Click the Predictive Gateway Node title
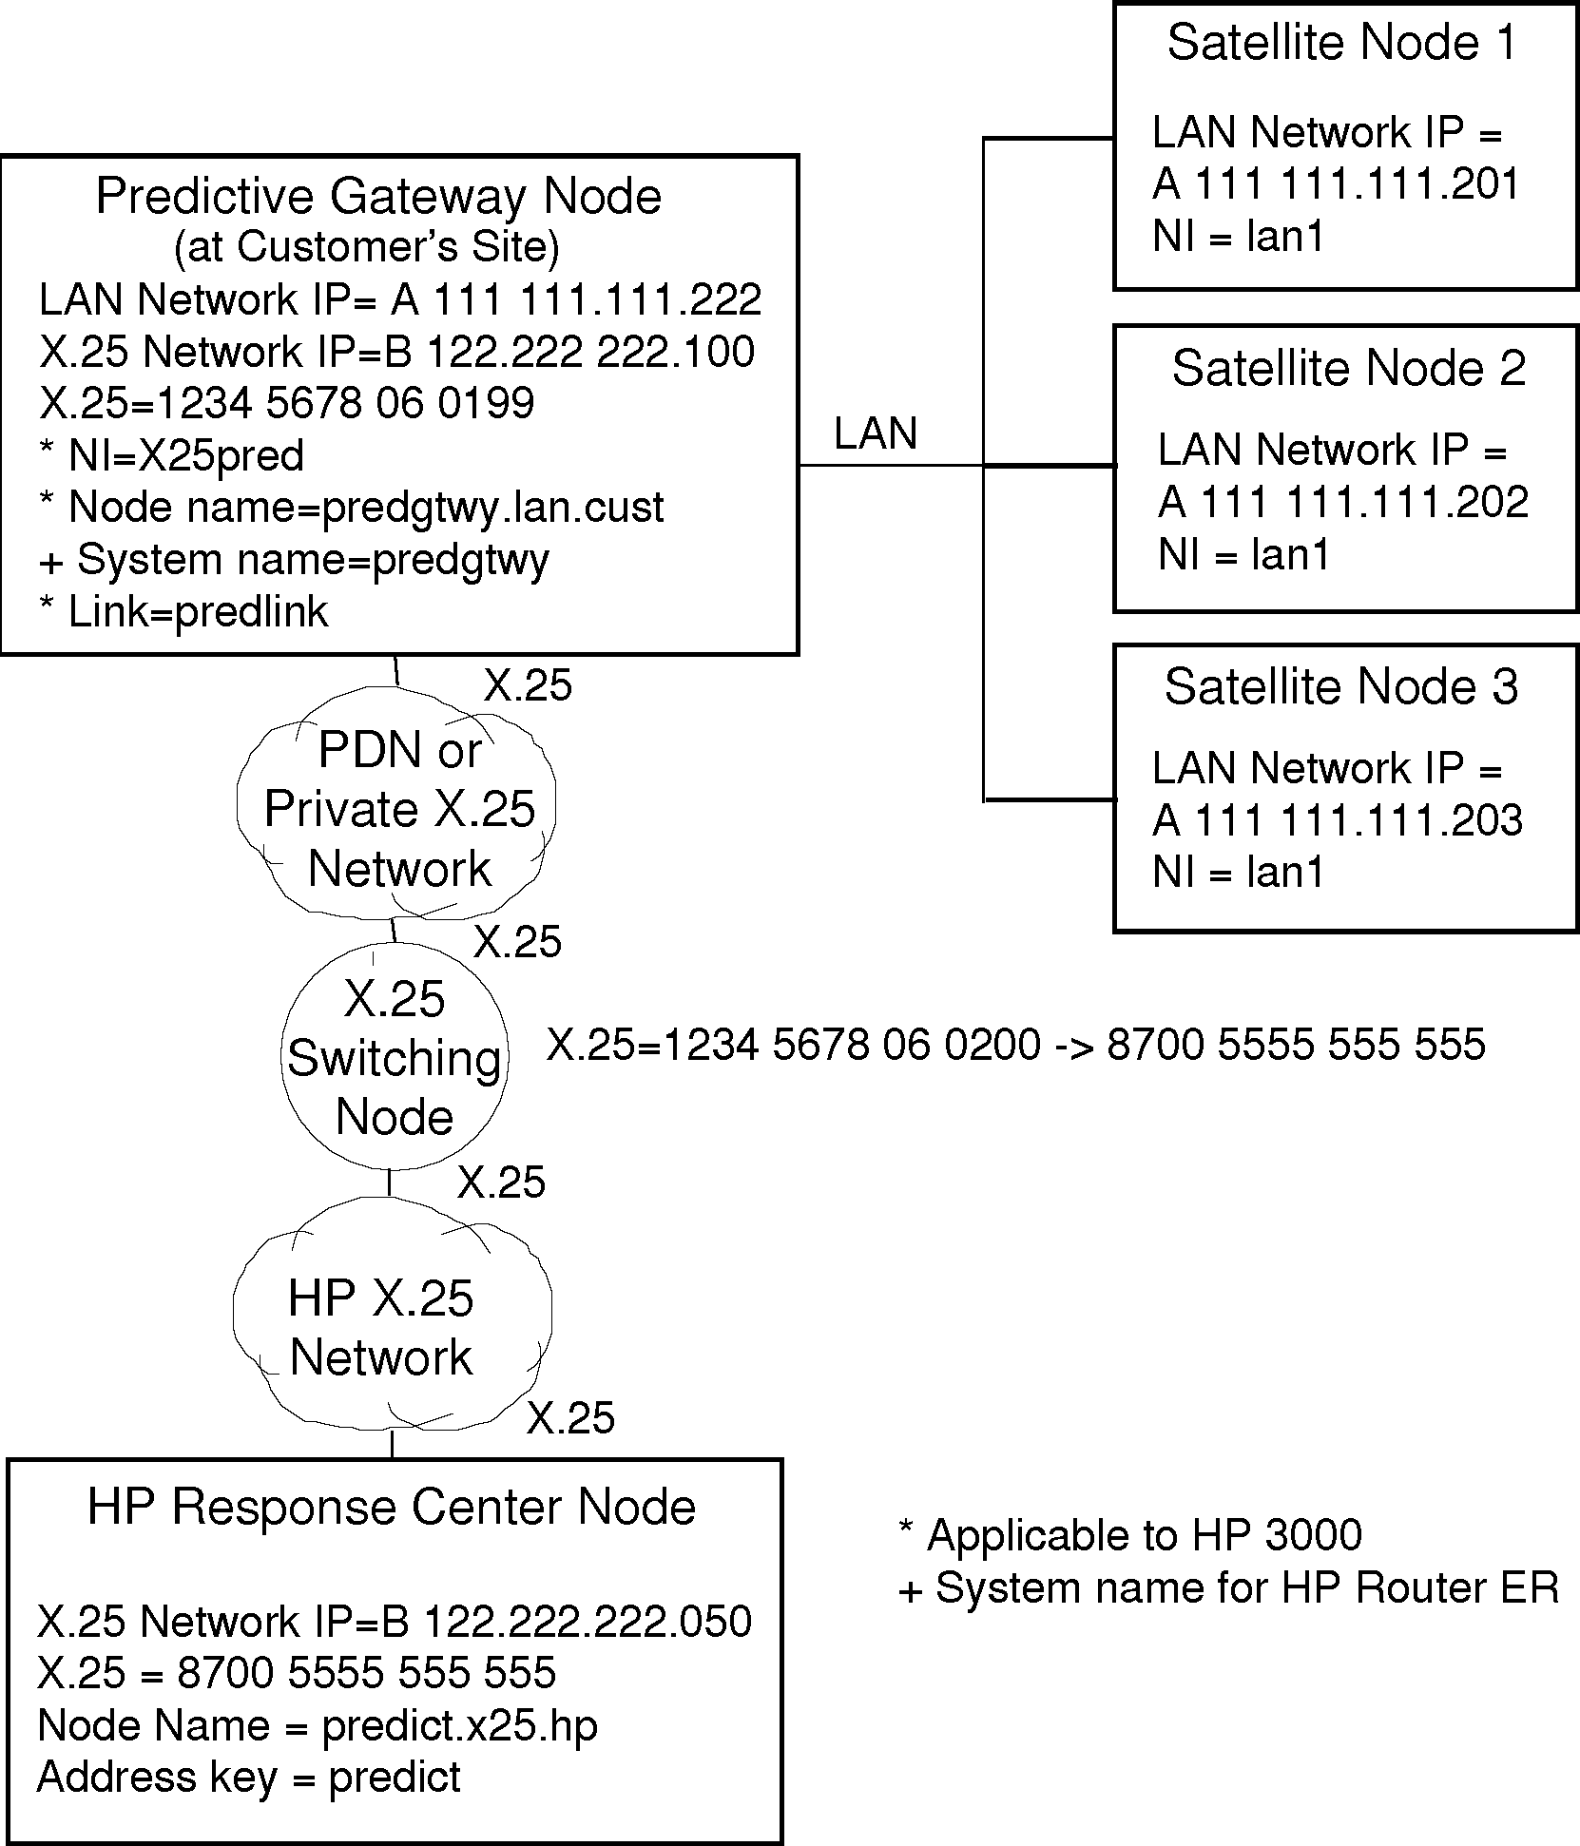tap(378, 197)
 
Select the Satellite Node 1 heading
tap(1341, 43)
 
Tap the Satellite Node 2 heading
tap(1348, 369)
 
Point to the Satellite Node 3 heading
tap(1341, 687)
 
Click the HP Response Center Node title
tap(391, 1508)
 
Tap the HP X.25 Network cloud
tap(381, 1327)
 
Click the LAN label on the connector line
tap(875, 434)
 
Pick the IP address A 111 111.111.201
tap(1336, 184)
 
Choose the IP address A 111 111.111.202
tap(1342, 503)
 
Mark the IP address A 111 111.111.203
tap(1337, 820)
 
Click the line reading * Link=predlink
tap(183, 612)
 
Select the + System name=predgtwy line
tap(293, 560)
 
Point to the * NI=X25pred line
tap(171, 455)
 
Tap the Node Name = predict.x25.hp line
tap(317, 1725)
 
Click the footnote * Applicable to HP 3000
tap(1129, 1535)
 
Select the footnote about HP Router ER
tap(1228, 1587)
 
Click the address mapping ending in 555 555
tap(1015, 1045)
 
